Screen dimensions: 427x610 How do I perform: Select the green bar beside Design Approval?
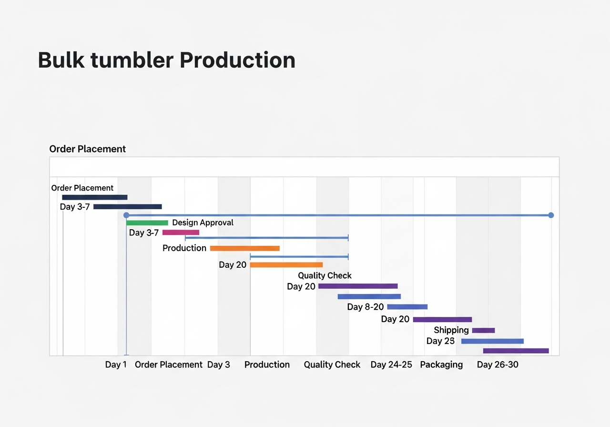pos(147,223)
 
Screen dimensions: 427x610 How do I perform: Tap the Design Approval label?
pos(203,223)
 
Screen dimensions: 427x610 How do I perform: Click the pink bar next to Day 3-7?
pos(181,233)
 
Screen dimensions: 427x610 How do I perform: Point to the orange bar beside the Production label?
pos(244,248)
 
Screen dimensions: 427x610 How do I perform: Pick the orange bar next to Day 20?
pos(286,265)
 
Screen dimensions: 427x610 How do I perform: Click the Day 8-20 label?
pos(365,307)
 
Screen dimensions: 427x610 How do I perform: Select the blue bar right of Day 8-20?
pos(407,307)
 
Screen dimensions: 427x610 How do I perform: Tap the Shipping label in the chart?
pos(451,330)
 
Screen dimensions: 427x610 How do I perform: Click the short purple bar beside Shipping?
pos(483,330)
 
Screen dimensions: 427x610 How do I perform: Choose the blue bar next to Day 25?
pos(492,341)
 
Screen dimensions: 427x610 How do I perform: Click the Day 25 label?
pos(440,341)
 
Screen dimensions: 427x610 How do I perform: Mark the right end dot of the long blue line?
pos(551,215)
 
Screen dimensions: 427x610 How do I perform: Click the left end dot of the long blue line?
pos(126,215)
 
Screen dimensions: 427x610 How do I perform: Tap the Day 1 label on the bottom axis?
pos(116,365)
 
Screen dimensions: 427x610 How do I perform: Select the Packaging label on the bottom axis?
pos(441,365)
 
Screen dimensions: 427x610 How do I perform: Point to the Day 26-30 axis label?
pos(498,365)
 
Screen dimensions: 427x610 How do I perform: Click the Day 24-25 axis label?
pos(391,365)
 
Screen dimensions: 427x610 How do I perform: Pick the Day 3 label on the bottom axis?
pos(218,365)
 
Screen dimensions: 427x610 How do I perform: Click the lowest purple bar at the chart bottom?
pos(516,351)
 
